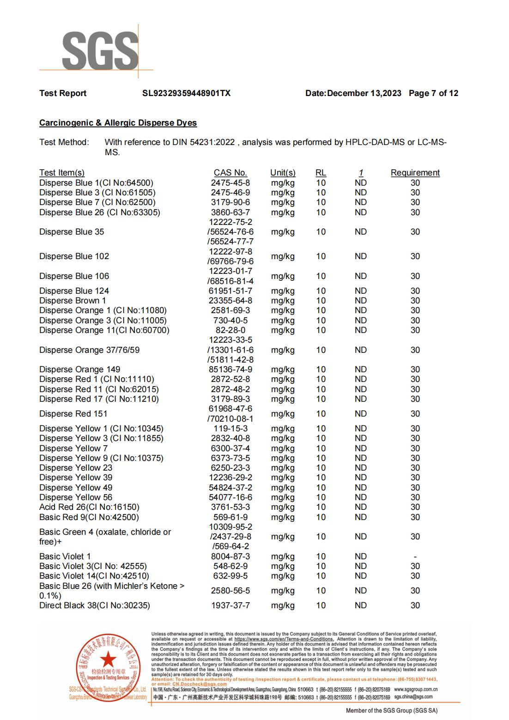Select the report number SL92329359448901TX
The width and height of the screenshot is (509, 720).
(186, 93)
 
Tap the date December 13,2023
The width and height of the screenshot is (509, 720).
(364, 93)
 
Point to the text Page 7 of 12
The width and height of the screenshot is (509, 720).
(433, 93)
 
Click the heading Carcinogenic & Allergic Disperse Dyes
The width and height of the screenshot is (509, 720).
(118, 123)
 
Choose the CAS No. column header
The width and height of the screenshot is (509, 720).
(230, 173)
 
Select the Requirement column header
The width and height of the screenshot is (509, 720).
(415, 173)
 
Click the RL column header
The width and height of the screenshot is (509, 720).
(321, 173)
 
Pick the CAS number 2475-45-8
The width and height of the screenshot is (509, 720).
(230, 183)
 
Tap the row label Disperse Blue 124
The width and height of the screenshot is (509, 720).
(74, 291)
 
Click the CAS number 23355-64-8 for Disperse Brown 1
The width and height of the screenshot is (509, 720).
(230, 301)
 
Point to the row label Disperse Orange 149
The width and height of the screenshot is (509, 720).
(79, 369)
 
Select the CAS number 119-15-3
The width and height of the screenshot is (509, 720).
(230, 429)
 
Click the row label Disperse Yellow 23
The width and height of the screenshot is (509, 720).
(76, 468)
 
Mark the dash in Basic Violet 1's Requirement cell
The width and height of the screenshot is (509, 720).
(415, 557)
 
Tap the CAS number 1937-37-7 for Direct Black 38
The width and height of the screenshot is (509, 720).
(230, 605)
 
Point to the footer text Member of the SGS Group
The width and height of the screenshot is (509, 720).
(391, 711)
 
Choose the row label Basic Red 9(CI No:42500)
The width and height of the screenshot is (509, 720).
(89, 517)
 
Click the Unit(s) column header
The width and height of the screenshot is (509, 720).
(283, 173)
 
